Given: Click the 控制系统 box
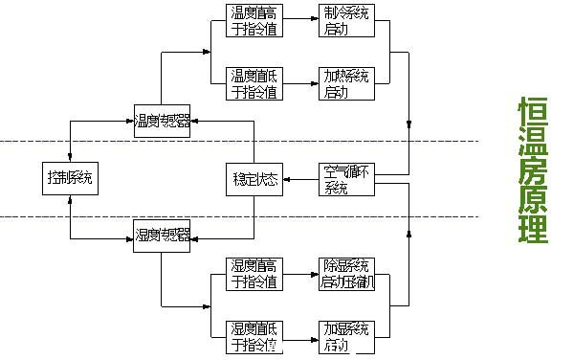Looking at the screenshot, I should pos(71,178).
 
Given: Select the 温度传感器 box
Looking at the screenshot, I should pos(162,122).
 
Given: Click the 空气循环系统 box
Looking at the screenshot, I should pos(344,179).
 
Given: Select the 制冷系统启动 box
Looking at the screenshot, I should pos(344,21).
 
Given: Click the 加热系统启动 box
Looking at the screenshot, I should pos(344,84).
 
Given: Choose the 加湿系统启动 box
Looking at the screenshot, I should pos(344,335).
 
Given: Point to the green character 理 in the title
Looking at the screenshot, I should pos(533,231).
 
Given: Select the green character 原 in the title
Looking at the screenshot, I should pos(533,202).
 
